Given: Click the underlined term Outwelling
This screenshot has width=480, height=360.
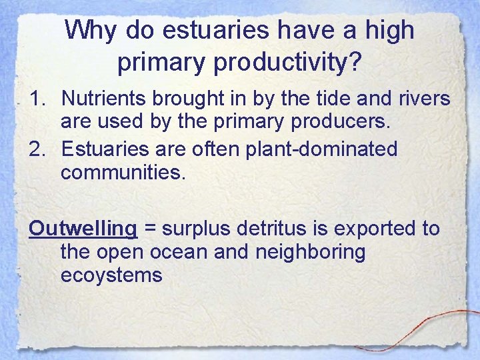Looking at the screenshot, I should click(83, 229).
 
